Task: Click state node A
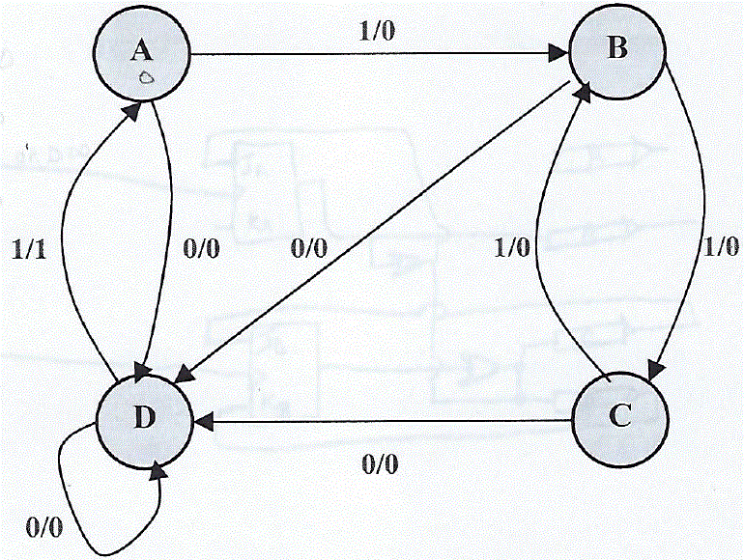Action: coord(143,55)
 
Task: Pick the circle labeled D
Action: coord(143,419)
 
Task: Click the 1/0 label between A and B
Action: coord(379,32)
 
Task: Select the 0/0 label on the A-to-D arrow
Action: coord(201,248)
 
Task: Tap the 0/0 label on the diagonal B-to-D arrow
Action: coord(309,248)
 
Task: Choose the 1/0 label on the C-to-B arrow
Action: coord(512,248)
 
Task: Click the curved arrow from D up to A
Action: coord(61,241)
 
